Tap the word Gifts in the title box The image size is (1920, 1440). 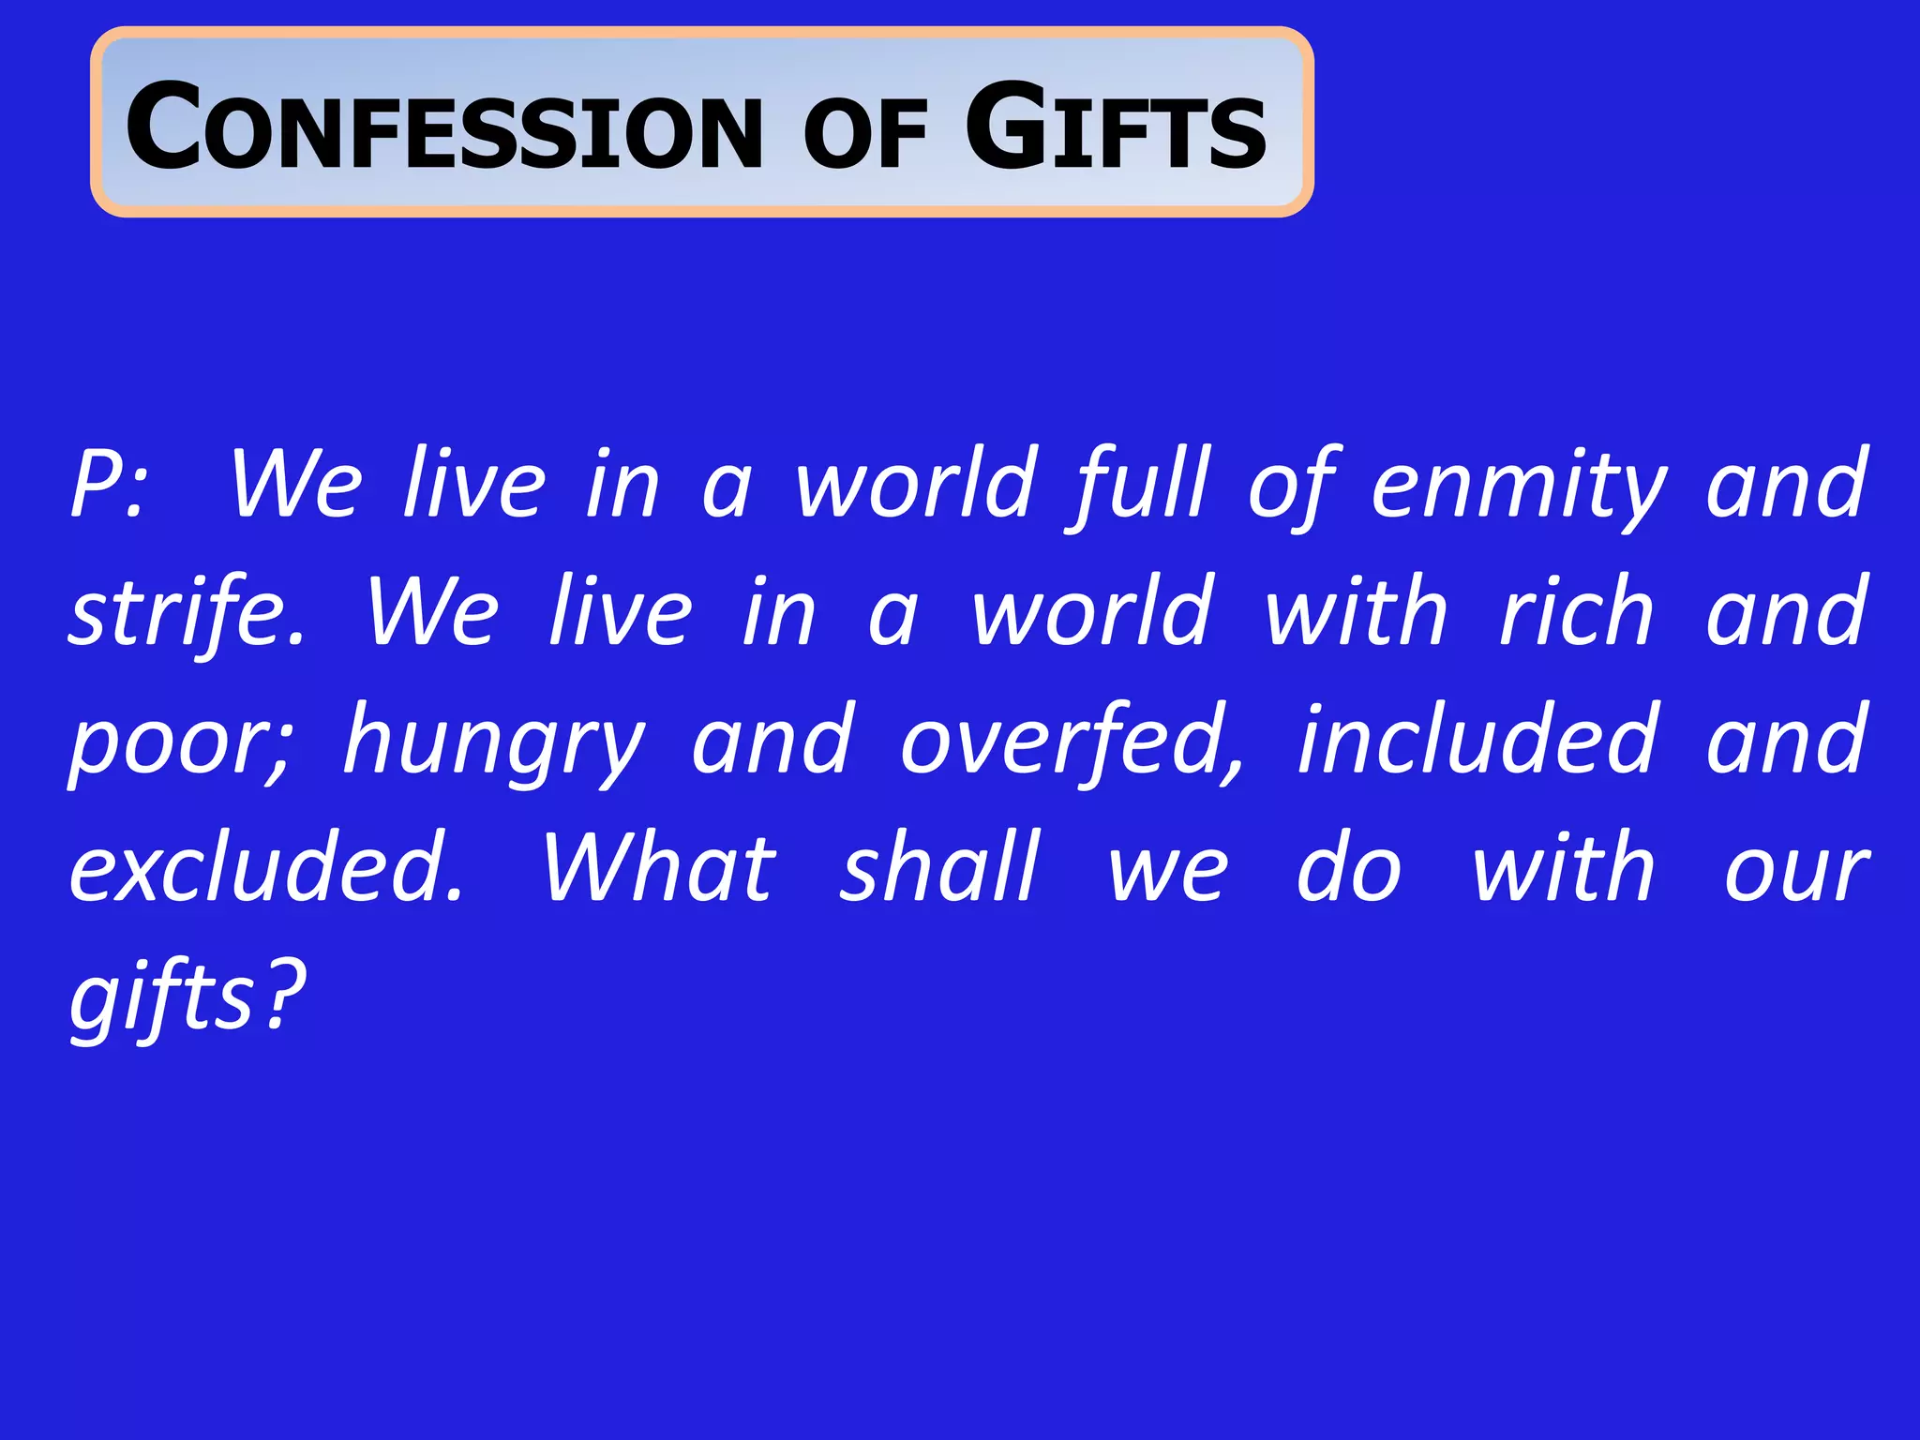(x=1116, y=127)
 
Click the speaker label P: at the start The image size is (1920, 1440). (x=108, y=486)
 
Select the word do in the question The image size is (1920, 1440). (x=1349, y=869)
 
